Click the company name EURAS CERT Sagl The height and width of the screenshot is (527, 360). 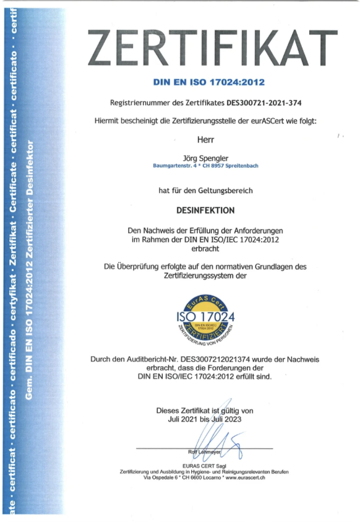pos(204,465)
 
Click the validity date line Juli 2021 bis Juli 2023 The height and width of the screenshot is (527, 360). pos(205,419)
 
